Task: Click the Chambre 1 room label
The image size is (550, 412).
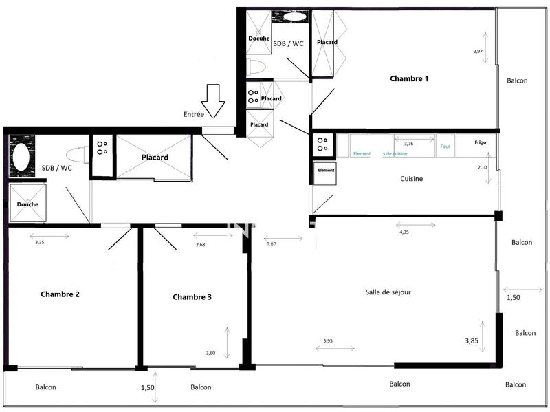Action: tap(409, 78)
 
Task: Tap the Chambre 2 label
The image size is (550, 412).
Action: tap(60, 294)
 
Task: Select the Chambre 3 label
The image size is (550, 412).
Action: tap(192, 297)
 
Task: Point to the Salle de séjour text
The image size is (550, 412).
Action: tap(388, 292)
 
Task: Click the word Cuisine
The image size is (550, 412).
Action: tap(411, 179)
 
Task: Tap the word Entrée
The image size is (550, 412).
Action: tap(193, 114)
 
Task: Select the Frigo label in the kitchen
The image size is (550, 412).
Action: tap(480, 142)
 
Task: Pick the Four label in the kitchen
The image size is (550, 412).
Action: tap(445, 146)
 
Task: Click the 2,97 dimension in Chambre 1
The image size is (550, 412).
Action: tap(478, 52)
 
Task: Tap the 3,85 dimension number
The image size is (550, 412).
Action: tap(471, 340)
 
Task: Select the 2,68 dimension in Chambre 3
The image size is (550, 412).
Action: tap(201, 245)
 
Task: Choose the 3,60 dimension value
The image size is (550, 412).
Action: tap(210, 354)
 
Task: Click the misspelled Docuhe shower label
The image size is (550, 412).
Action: tap(258, 39)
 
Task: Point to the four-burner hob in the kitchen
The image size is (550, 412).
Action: tap(321, 144)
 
